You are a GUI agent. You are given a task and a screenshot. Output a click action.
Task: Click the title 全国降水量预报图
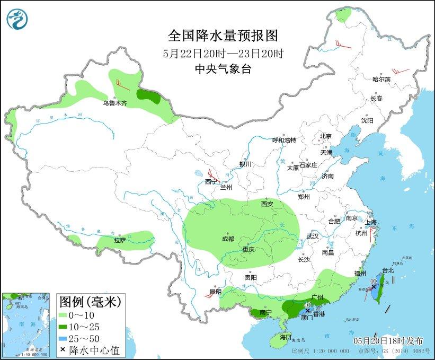[223, 36]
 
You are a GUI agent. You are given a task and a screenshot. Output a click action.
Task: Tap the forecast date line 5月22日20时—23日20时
[223, 53]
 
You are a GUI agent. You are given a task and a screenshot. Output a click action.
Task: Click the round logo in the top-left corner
[18, 19]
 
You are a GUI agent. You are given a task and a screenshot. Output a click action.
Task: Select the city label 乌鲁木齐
[114, 103]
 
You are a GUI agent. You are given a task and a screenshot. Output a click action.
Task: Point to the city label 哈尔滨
[381, 79]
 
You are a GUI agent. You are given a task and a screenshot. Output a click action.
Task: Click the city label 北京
[325, 136]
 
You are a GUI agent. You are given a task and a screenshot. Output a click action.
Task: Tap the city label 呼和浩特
[284, 141]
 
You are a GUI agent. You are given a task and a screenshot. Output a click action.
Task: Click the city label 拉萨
[120, 240]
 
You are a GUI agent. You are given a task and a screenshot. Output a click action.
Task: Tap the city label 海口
[286, 337]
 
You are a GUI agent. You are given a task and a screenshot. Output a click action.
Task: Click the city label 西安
[267, 204]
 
